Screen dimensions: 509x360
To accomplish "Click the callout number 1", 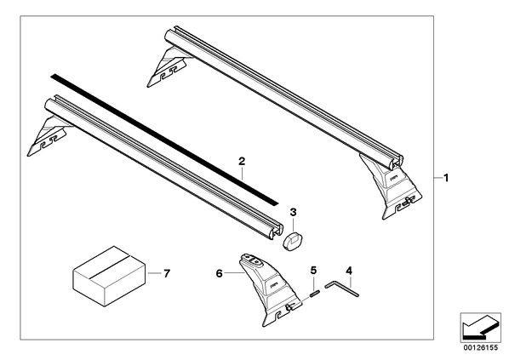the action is (446, 178).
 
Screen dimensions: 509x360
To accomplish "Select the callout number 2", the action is (242, 162).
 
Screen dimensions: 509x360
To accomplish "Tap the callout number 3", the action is (293, 212).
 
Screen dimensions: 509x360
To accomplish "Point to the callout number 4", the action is (349, 271).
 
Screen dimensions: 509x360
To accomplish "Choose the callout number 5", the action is (313, 270).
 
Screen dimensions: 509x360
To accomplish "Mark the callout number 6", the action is (219, 274).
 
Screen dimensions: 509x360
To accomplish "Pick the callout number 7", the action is (167, 274).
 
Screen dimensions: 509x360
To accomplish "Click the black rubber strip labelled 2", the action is (164, 140).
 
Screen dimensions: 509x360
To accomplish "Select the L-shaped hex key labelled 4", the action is (341, 289).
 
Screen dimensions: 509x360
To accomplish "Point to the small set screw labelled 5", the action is (315, 294).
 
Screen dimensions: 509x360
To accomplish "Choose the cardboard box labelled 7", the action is (109, 277).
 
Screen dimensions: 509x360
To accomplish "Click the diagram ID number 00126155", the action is (480, 348).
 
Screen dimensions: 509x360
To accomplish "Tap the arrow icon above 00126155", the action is (480, 327).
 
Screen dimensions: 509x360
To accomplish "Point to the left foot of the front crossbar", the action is (49, 137).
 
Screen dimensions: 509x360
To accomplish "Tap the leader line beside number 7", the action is (155, 273).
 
